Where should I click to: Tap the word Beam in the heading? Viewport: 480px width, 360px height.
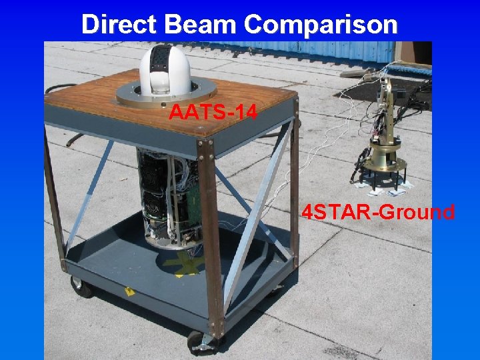pyautogui.click(x=197, y=25)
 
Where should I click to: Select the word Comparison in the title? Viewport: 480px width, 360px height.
pyautogui.click(x=321, y=25)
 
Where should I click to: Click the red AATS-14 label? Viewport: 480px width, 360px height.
pyautogui.click(x=212, y=112)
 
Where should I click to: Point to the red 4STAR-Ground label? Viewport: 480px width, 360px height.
pyautogui.click(x=378, y=213)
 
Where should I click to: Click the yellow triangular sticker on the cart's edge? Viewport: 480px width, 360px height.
pyautogui.click(x=128, y=292)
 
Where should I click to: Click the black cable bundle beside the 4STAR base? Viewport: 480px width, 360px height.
pyautogui.click(x=361, y=160)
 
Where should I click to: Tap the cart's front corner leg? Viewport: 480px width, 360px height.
pyautogui.click(x=212, y=240)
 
